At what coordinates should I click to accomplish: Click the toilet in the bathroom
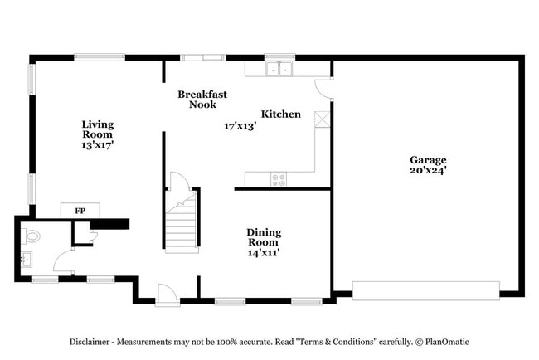point(31,236)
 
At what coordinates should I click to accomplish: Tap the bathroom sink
point(27,260)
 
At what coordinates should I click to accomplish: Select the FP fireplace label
point(80,211)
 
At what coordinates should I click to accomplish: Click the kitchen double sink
point(279,69)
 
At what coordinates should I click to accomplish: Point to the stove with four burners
point(279,180)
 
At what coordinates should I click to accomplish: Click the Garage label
point(428,160)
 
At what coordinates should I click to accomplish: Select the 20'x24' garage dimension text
point(428,170)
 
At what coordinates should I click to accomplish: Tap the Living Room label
point(98,129)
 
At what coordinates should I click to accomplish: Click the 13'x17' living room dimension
point(98,145)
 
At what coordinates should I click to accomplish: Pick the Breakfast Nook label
point(202,99)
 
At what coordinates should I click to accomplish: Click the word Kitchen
point(281,114)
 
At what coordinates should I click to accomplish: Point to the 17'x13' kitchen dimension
point(240,126)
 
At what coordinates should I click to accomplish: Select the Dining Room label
point(264,237)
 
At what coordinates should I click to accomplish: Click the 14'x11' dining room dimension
point(264,253)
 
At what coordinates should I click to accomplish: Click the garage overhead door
point(426,291)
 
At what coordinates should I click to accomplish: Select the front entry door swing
point(167,294)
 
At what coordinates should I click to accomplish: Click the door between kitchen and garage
point(323,89)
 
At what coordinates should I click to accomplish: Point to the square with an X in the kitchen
point(322,119)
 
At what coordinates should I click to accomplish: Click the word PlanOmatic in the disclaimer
point(447,342)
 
